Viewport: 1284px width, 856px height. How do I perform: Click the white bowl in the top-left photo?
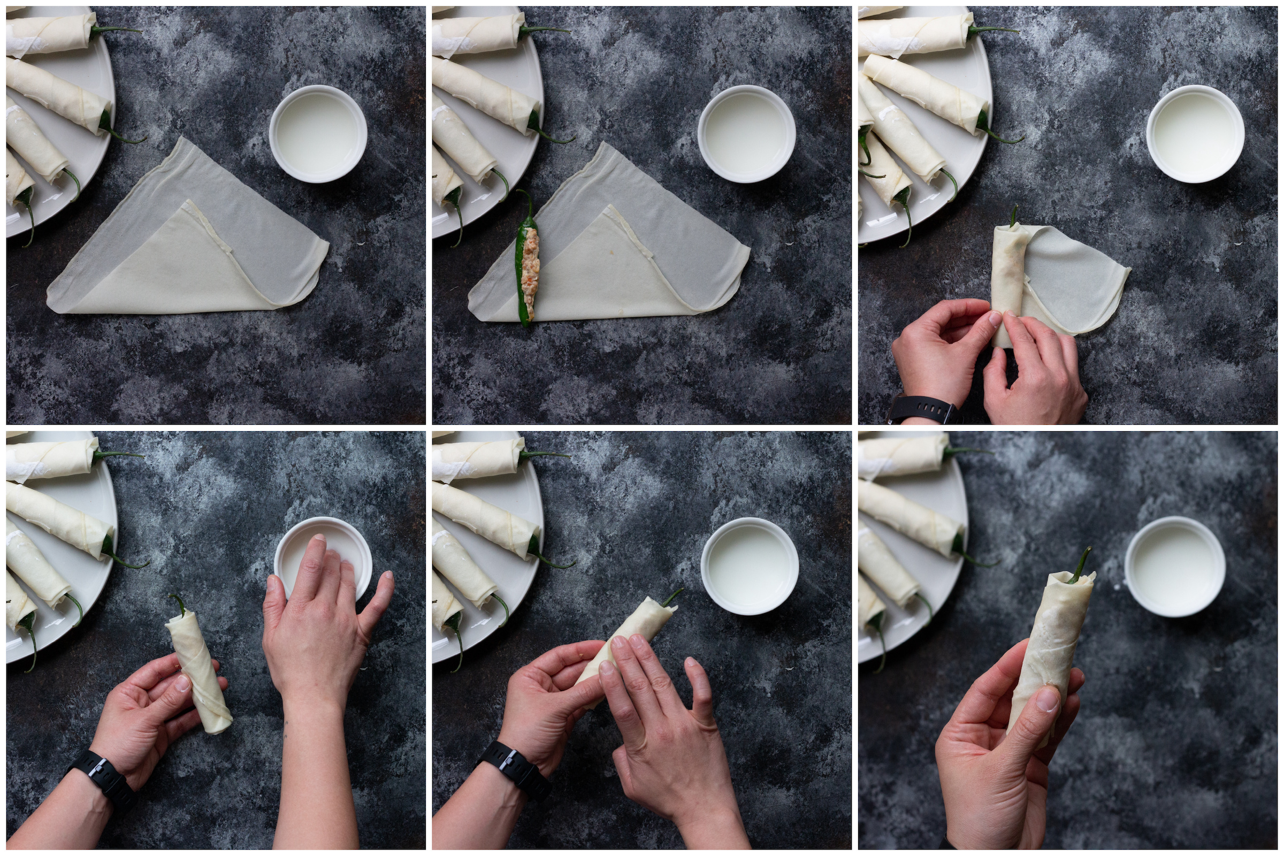[318, 134]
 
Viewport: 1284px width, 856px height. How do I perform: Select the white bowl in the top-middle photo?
[747, 134]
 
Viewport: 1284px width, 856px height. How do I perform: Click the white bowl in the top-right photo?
[1195, 134]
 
